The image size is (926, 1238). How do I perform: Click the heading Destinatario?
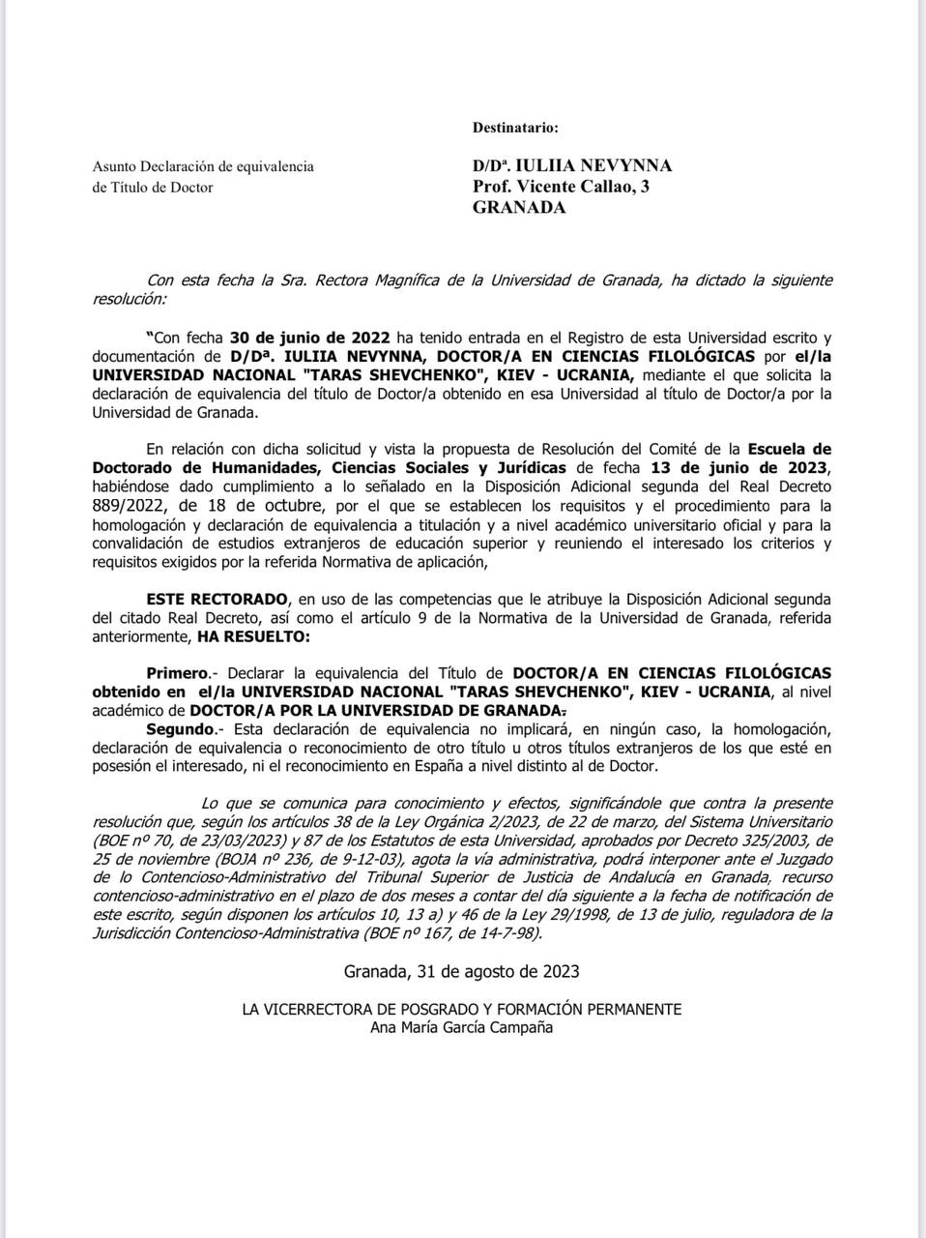[515, 128]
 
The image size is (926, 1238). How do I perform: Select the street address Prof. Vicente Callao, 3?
[561, 187]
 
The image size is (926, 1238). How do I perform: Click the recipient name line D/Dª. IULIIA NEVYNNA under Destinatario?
[572, 165]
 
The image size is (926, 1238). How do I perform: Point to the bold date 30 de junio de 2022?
[309, 338]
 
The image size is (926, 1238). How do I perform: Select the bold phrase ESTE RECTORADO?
[217, 599]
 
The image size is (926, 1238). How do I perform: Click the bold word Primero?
[178, 672]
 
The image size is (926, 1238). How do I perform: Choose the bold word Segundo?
[179, 728]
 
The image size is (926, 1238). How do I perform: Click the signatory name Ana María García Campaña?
[462, 1027]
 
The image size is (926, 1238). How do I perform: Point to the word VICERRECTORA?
[315, 1009]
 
